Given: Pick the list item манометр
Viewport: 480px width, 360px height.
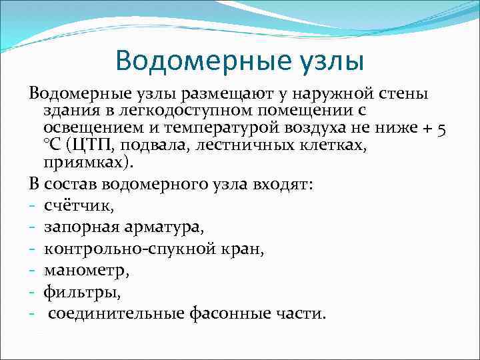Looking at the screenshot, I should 82,271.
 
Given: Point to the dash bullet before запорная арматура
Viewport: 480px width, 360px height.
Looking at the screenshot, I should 33,228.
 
